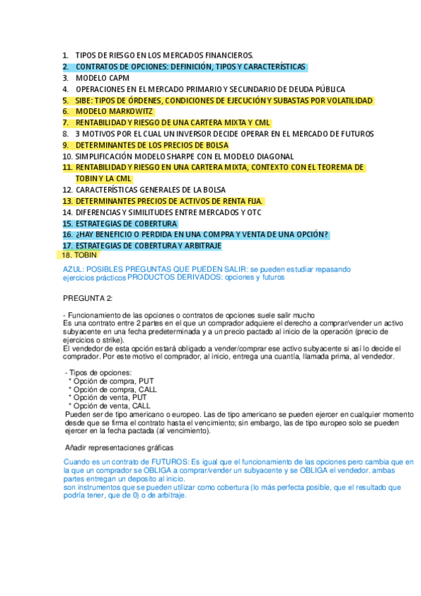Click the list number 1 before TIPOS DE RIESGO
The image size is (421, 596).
[65, 55]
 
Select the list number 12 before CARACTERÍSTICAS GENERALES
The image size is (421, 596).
[67, 190]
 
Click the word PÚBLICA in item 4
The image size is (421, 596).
[327, 89]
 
